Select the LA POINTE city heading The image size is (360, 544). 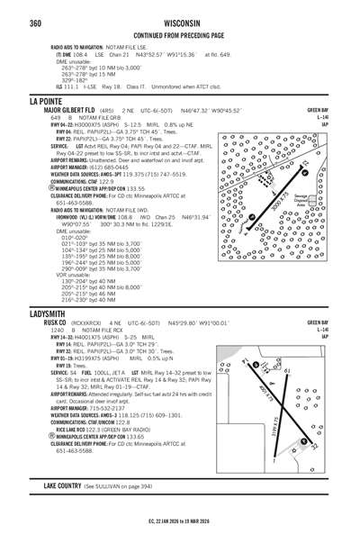pyautogui.click(x=49, y=100)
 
